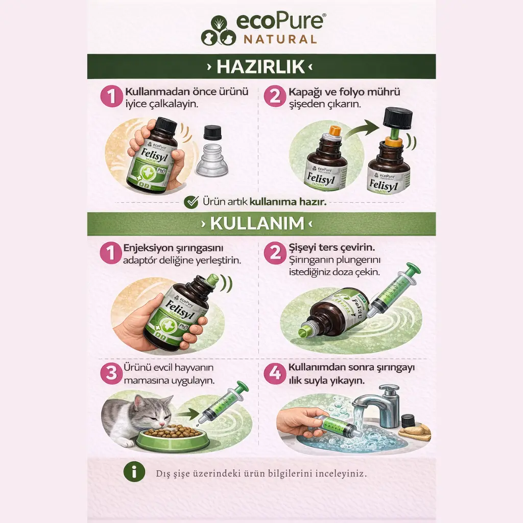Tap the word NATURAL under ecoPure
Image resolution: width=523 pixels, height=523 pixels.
[x=280, y=39]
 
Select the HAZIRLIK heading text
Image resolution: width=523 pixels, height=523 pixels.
[x=261, y=67]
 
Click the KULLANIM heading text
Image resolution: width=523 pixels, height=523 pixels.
[x=261, y=224]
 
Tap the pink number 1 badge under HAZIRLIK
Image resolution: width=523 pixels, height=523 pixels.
[x=111, y=96]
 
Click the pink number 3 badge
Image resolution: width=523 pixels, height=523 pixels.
[x=111, y=373]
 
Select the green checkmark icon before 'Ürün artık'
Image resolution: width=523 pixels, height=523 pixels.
[x=191, y=202]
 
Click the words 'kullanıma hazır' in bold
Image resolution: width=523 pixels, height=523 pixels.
[x=288, y=202]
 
